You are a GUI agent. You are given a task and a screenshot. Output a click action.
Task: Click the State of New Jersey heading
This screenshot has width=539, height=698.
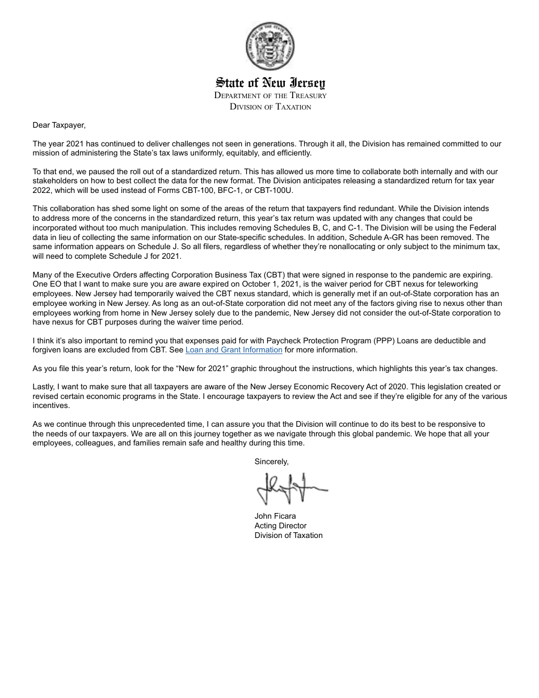(270, 83)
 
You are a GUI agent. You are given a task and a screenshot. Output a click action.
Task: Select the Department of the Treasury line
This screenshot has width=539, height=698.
(270, 95)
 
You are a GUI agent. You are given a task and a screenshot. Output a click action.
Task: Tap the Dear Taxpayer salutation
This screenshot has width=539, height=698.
(59, 125)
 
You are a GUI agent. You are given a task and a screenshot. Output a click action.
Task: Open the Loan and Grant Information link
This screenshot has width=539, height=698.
(234, 350)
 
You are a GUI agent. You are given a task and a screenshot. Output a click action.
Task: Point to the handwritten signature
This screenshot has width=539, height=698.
(290, 488)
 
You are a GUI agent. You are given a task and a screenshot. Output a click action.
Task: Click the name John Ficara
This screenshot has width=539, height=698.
(275, 516)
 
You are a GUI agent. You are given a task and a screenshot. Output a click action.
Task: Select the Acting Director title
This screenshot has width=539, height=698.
(280, 526)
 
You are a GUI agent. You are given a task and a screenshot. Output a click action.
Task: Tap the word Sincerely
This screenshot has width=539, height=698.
(271, 462)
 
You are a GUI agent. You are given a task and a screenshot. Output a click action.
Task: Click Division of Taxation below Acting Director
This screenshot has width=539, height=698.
(288, 536)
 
